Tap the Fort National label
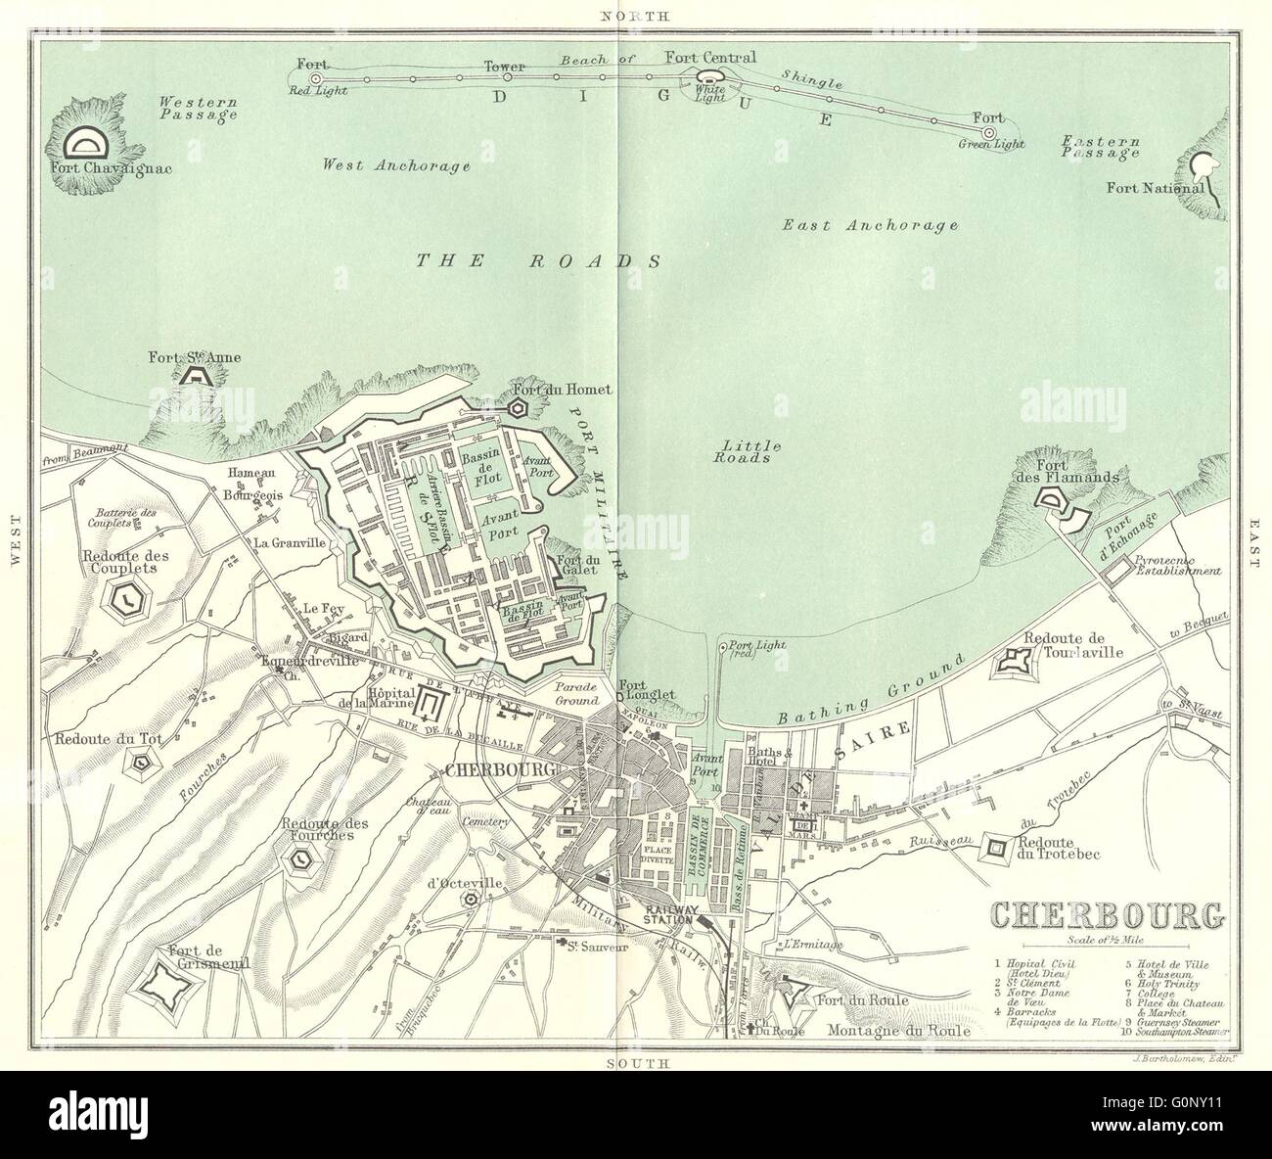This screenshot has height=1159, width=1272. coord(1168,188)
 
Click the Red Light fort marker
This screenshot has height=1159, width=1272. coord(315,77)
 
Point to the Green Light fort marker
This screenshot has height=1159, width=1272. coord(988,132)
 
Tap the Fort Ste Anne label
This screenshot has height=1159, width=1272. coord(195,357)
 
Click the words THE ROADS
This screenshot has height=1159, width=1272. coord(539,260)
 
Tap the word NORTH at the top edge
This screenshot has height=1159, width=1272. coord(635,17)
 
